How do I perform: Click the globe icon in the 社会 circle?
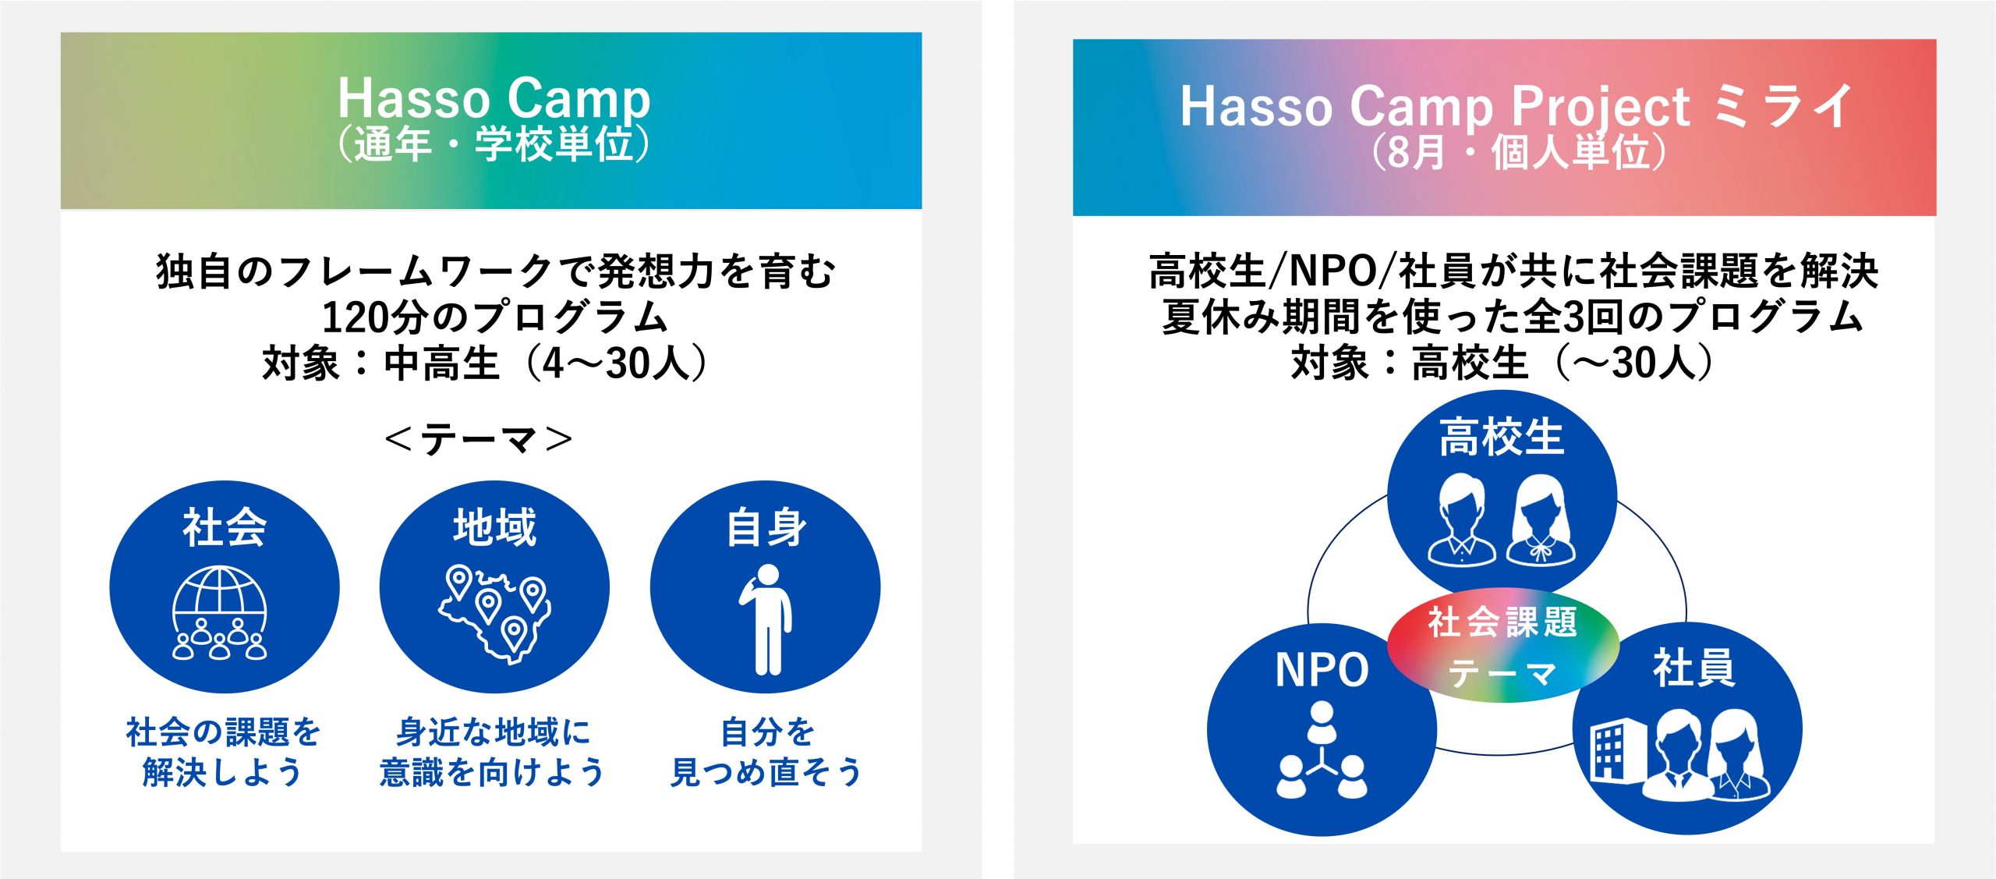tap(220, 613)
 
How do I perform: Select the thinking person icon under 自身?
tap(766, 620)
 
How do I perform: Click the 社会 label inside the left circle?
tap(225, 527)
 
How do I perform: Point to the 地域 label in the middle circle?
tap(495, 527)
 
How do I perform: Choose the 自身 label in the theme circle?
tap(766, 527)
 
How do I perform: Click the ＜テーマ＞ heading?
tap(479, 439)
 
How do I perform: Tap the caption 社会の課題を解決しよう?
tap(223, 753)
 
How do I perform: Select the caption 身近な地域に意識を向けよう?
tap(493, 753)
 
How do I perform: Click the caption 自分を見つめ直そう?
tap(766, 753)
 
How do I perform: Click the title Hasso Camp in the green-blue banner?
tap(494, 98)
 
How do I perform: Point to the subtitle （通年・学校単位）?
tap(494, 144)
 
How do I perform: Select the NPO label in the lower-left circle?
tap(1322, 670)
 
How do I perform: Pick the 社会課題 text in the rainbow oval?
tap(1502, 622)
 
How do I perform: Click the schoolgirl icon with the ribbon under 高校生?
tap(1541, 520)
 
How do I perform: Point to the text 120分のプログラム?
tap(495, 317)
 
